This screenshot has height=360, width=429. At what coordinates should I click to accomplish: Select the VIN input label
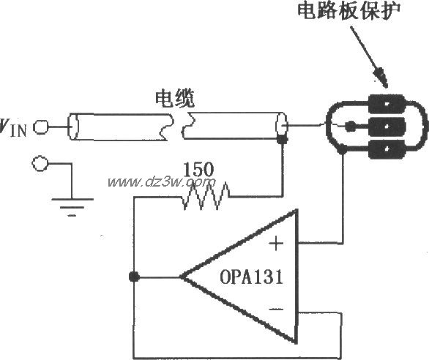[x=15, y=129]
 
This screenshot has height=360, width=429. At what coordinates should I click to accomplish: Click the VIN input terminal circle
[x=41, y=128]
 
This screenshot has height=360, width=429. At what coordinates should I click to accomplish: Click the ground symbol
[x=71, y=203]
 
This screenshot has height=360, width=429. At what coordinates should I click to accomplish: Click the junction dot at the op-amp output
[x=133, y=277]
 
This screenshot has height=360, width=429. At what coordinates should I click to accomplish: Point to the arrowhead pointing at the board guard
[x=381, y=76]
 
